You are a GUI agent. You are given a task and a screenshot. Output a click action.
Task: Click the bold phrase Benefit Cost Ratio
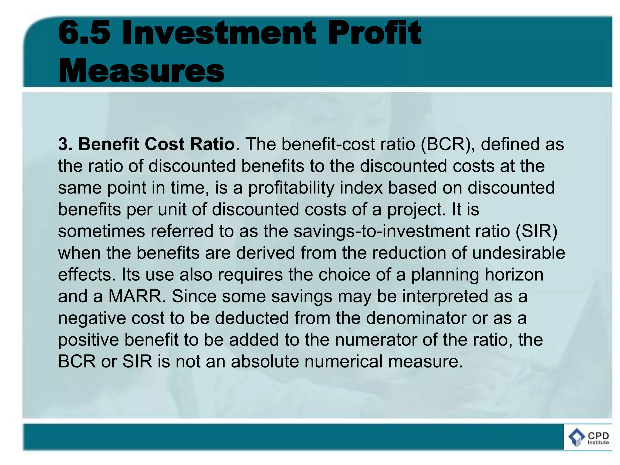(156, 144)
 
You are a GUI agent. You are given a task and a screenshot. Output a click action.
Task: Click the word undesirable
(518, 253)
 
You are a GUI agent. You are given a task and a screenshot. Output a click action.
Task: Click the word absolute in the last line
(265, 361)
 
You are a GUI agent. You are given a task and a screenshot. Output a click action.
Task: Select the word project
(414, 209)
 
